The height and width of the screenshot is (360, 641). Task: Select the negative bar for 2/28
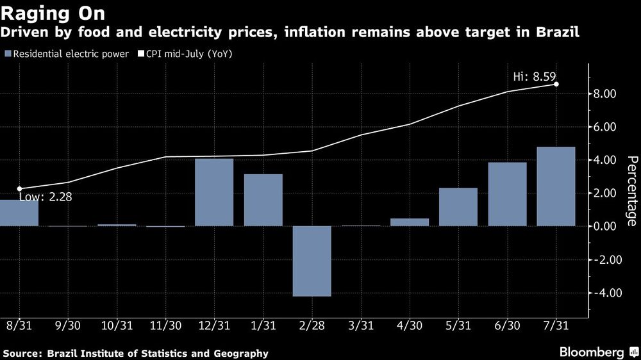click(312, 261)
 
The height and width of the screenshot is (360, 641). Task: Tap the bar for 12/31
click(214, 192)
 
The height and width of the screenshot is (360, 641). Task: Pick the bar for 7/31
click(556, 186)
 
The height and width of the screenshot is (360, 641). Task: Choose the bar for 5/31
click(458, 207)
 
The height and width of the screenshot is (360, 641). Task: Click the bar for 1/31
click(263, 200)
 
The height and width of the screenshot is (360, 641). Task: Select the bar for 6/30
click(507, 194)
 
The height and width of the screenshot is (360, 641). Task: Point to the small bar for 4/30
click(410, 222)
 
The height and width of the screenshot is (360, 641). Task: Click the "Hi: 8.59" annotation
click(534, 76)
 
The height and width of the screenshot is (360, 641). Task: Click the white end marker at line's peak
click(556, 84)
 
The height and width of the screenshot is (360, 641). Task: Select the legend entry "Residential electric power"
click(67, 54)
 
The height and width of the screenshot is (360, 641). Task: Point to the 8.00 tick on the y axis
click(605, 94)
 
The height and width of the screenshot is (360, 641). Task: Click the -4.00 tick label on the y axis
click(603, 293)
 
